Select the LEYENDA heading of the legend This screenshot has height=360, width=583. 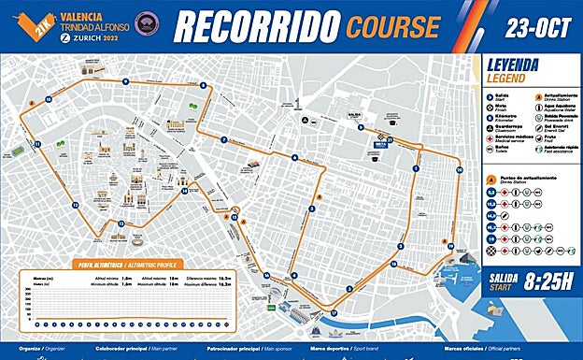click(x=513, y=66)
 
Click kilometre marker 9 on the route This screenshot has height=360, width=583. click(x=125, y=82)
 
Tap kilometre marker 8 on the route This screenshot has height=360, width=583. click(x=202, y=86)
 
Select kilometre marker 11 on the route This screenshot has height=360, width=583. click(x=37, y=145)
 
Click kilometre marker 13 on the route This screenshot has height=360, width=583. click(x=121, y=223)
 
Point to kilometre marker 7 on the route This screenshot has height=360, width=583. click(x=224, y=140)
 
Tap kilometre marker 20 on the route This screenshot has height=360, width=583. click(x=459, y=170)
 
